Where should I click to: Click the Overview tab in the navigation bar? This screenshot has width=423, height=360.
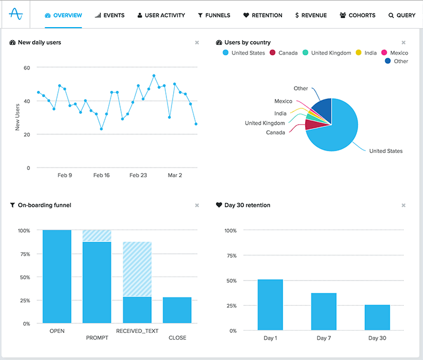pyautogui.click(x=63, y=15)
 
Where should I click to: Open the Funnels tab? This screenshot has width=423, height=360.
pyautogui.click(x=214, y=15)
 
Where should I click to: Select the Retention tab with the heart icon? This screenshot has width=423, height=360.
pyautogui.click(x=263, y=15)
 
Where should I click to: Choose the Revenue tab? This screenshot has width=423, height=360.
pyautogui.click(x=311, y=15)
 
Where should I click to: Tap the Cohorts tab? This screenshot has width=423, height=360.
pyautogui.click(x=357, y=15)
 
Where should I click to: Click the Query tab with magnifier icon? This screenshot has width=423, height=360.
pyautogui.click(x=402, y=15)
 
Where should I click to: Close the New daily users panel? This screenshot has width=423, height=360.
pyautogui.click(x=197, y=42)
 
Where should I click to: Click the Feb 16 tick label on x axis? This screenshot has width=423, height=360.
pyautogui.click(x=102, y=175)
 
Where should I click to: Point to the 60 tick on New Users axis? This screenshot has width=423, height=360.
pyautogui.click(x=26, y=68)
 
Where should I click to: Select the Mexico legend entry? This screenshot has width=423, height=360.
pyautogui.click(x=394, y=53)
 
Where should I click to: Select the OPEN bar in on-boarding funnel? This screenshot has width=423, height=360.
pyautogui.click(x=57, y=276)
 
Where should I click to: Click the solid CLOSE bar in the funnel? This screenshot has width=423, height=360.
pyautogui.click(x=177, y=310)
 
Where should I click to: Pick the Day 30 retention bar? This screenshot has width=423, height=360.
pyautogui.click(x=377, y=317)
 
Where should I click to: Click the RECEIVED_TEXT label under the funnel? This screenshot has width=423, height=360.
pyautogui.click(x=137, y=331)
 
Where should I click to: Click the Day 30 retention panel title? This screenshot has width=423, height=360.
pyautogui.click(x=247, y=205)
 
